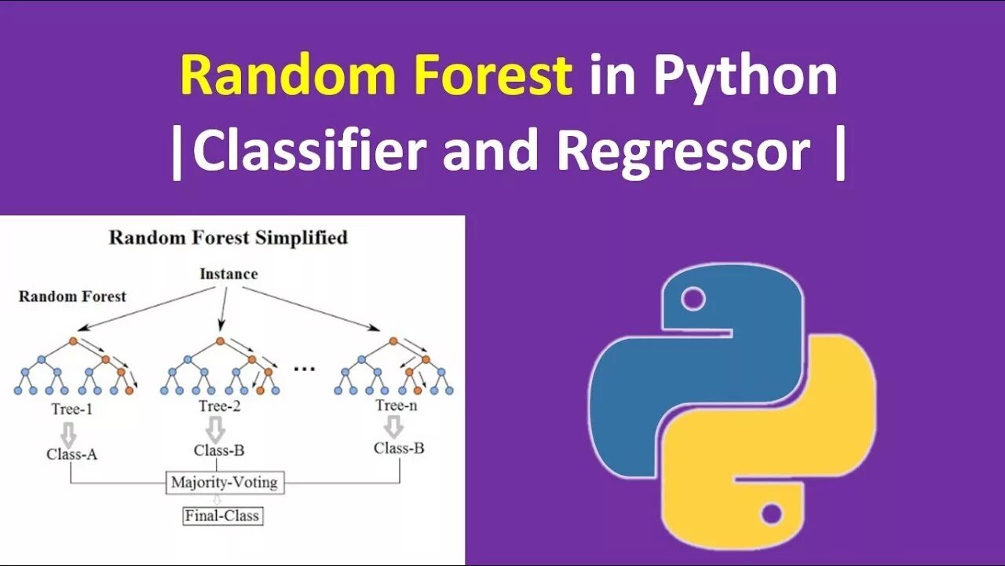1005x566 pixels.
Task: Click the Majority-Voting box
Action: [x=225, y=482]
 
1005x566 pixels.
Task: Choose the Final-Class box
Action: [x=222, y=516]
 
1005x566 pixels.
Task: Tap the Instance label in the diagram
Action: [x=228, y=274]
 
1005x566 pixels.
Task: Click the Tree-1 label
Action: [x=72, y=409]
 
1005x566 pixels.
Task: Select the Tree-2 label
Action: [x=219, y=406]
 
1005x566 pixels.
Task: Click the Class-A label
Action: [x=72, y=454]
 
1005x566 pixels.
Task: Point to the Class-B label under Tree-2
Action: [x=219, y=450]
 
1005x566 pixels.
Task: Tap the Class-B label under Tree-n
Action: [x=399, y=448]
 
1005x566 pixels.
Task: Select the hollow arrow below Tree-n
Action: [x=394, y=427]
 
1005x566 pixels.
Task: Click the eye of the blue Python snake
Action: [x=693, y=299]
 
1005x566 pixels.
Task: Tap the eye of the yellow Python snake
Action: [x=771, y=515]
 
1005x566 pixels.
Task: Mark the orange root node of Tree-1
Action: [x=73, y=341]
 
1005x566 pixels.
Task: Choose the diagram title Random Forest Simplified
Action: [x=228, y=237]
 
